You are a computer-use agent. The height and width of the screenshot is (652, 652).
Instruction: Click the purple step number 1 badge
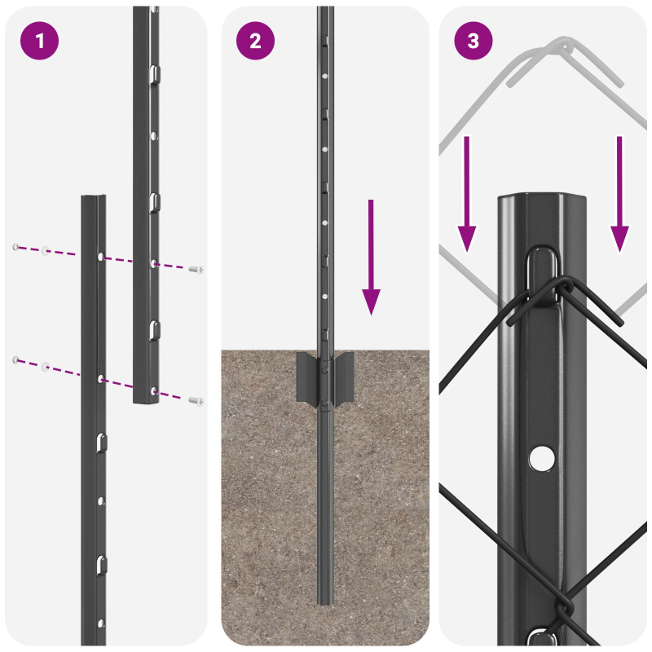pos(38,41)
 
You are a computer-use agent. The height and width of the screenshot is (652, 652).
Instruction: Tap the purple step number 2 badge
pos(256,41)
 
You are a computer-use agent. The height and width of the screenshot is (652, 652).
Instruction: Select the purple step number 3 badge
pos(474,41)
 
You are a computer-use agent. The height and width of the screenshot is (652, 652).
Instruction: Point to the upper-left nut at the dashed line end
pos(15,246)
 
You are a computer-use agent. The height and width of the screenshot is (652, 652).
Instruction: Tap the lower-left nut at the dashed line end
pos(15,359)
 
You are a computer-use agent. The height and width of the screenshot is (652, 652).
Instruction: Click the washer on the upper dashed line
pos(46,250)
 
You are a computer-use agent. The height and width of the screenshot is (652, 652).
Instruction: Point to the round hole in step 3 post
pos(539,459)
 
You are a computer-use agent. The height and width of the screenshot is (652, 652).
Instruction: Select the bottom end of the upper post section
pos(146,400)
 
